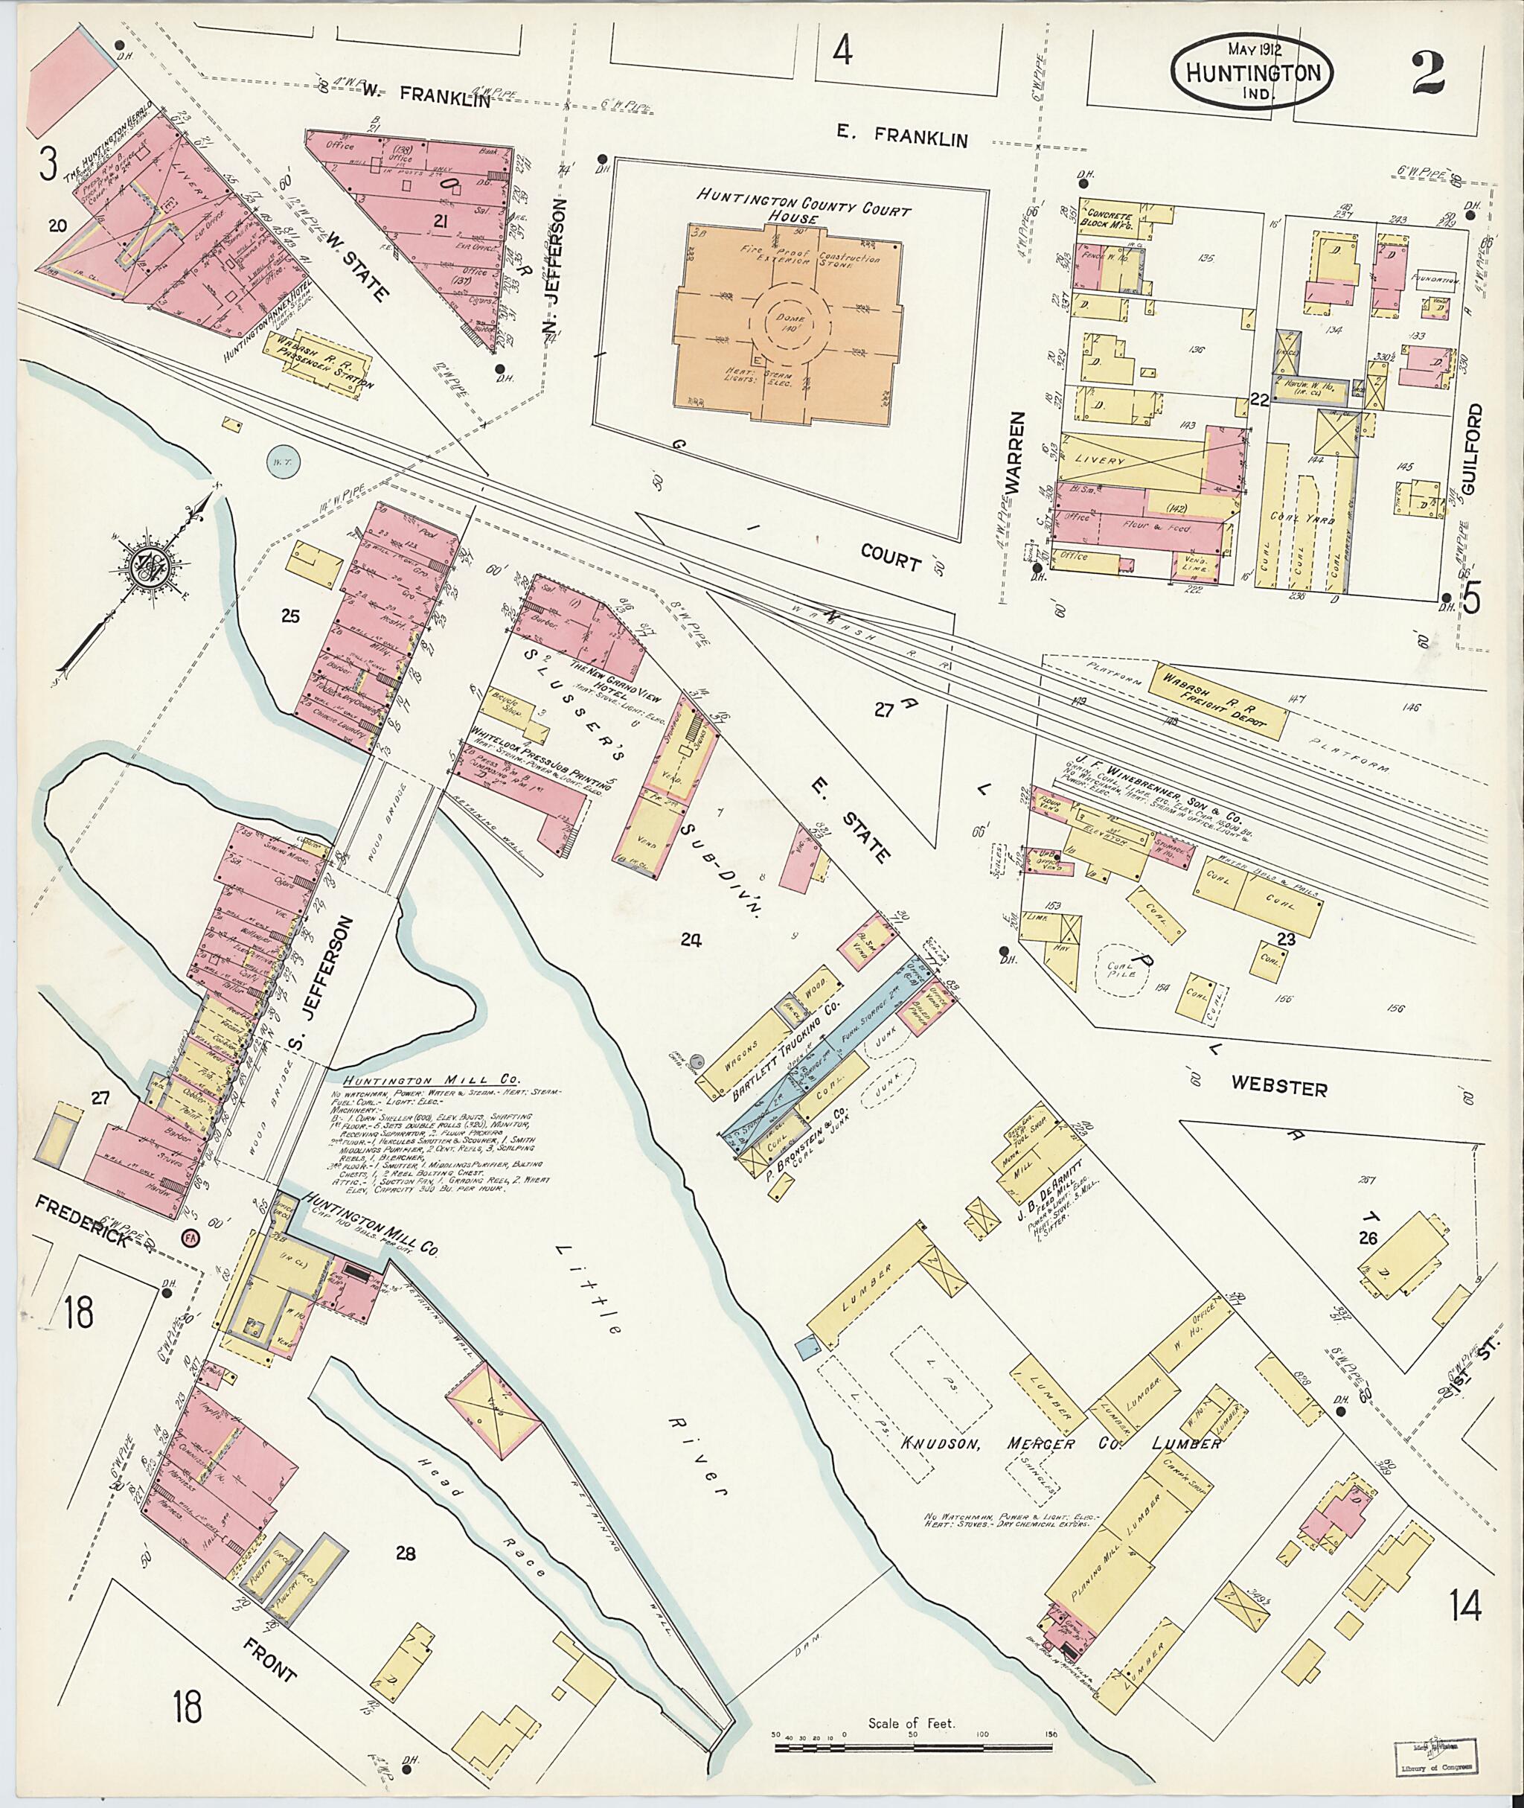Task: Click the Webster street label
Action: click(x=1278, y=1089)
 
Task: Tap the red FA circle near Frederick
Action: click(x=190, y=1238)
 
